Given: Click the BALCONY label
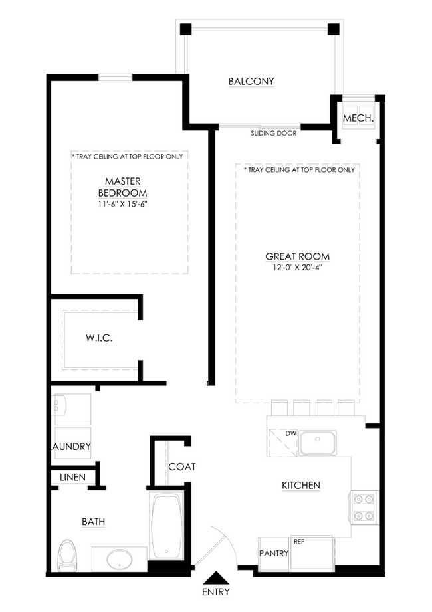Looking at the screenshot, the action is (x=251, y=81).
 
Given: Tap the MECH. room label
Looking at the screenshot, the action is (x=358, y=118).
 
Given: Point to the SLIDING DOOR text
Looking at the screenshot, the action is (x=274, y=133).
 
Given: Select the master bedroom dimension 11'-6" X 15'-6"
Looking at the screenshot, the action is (x=122, y=204).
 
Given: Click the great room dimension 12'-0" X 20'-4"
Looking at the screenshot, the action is (x=297, y=268).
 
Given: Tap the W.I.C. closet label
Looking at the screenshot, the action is (x=99, y=338).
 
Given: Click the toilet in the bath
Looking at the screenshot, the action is (x=68, y=555).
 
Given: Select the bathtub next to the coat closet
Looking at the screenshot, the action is (x=167, y=525).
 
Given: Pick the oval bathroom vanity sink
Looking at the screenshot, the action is (x=120, y=560).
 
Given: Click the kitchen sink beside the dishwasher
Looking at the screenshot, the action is (x=318, y=443).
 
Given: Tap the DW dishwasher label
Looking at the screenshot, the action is (x=291, y=433).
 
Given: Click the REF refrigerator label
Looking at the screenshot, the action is (x=299, y=542).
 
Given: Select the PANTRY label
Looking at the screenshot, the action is (x=274, y=553).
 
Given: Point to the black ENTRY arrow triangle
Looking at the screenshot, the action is (x=216, y=577).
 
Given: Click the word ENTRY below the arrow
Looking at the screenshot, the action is (x=216, y=592).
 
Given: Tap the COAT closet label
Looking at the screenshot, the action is (x=182, y=466).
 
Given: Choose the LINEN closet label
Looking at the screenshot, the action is (x=73, y=477).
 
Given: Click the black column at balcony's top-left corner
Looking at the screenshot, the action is (x=185, y=29).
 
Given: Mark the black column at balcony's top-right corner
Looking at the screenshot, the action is (x=333, y=29).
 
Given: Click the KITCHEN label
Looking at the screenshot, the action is (x=301, y=485).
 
